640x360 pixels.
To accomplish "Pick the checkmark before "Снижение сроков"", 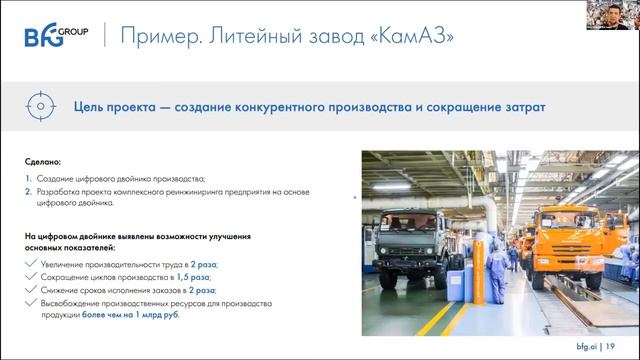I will coord(33,287).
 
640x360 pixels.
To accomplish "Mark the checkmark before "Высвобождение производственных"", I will coord(33,298).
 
